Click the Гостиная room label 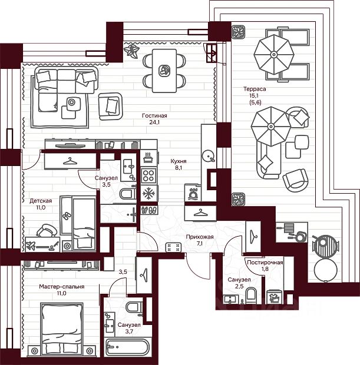(x=154, y=115)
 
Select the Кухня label (x=179, y=160)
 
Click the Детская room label (x=41, y=201)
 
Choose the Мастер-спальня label (x=62, y=287)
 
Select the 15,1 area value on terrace (x=255, y=97)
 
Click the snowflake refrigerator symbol (x=149, y=193)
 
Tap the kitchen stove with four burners (x=148, y=175)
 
